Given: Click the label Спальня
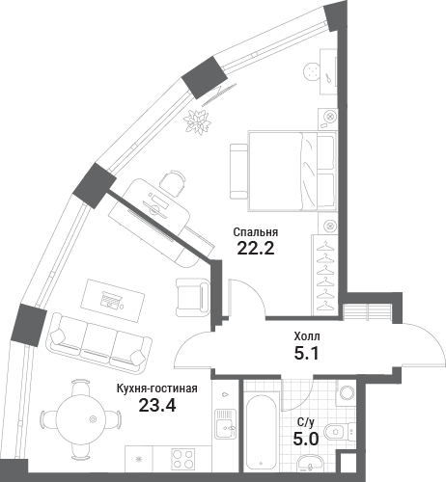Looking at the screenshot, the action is click(256, 232).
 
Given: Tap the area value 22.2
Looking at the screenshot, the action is click(256, 248).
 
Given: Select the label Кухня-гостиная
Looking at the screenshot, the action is click(156, 388).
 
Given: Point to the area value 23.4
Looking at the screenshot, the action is click(157, 405).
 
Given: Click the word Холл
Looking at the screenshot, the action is click(307, 336).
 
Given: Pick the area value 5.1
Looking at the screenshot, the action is click(306, 354).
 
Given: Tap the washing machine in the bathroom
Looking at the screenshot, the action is click(346, 392).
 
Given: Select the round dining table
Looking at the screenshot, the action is click(81, 419).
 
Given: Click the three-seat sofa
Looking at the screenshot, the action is click(99, 343).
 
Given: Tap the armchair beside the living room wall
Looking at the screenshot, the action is click(192, 297).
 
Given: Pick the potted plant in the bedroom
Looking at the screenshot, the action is click(197, 122).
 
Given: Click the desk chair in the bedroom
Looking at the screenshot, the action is click(173, 181).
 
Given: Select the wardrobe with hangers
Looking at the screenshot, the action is click(324, 275).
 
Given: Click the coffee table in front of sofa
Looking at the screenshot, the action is click(112, 301).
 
